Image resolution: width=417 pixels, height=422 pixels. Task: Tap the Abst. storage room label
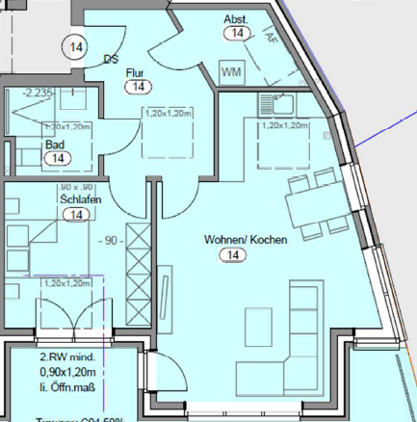pos(236,19)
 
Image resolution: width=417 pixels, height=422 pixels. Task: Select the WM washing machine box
pos(231,72)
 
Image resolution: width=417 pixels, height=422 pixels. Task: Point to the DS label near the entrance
pos(111,58)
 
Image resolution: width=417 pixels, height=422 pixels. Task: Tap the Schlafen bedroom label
pos(81,199)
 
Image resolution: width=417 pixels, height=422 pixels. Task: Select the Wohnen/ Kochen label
pos(245,239)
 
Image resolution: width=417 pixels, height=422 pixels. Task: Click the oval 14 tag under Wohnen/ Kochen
pos(232,254)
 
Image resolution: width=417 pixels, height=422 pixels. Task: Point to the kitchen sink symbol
pos(282,100)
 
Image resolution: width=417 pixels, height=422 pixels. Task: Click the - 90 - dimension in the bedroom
pos(110,239)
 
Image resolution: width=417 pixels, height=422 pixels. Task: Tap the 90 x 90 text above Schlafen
pos(73,186)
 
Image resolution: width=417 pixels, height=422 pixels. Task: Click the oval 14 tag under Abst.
pos(237,34)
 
